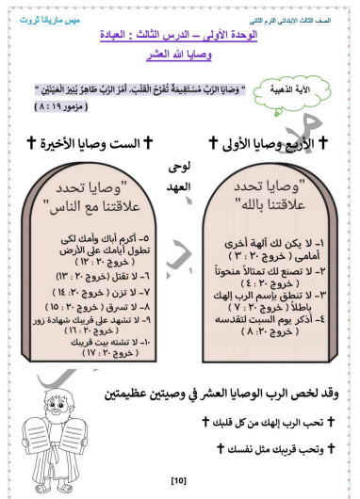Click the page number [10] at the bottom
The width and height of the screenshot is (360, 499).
click(x=178, y=481)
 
